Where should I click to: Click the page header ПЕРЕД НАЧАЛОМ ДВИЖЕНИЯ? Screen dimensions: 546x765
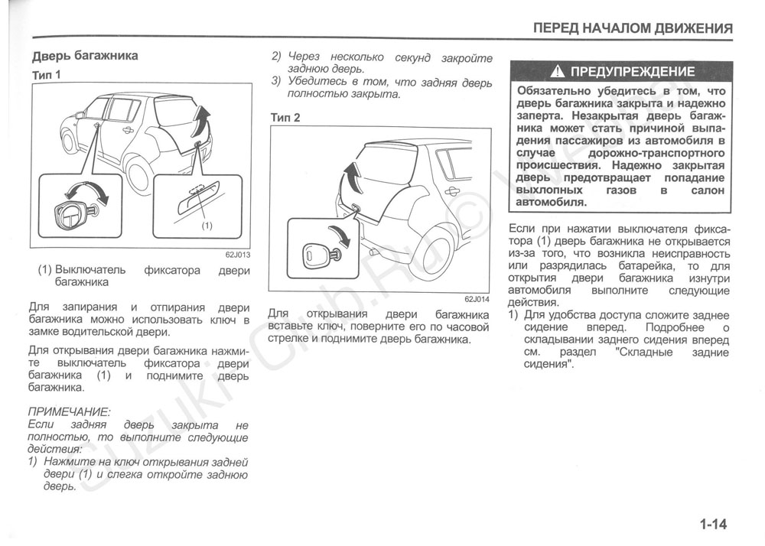tap(633, 28)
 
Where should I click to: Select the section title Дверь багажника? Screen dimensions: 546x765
tap(84, 56)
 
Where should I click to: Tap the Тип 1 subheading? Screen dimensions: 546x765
tap(47, 75)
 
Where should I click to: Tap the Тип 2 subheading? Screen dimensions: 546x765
tap(285, 117)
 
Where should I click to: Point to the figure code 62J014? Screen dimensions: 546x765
tap(476, 299)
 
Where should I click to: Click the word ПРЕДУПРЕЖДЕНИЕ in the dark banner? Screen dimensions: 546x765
tap(633, 73)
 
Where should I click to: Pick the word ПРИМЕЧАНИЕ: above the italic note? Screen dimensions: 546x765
tap(69, 411)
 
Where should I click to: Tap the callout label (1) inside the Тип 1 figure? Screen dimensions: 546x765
tap(206, 226)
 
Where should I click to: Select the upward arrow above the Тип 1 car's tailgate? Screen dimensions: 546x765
tap(201, 119)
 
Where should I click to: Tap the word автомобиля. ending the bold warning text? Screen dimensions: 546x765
tap(551, 203)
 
